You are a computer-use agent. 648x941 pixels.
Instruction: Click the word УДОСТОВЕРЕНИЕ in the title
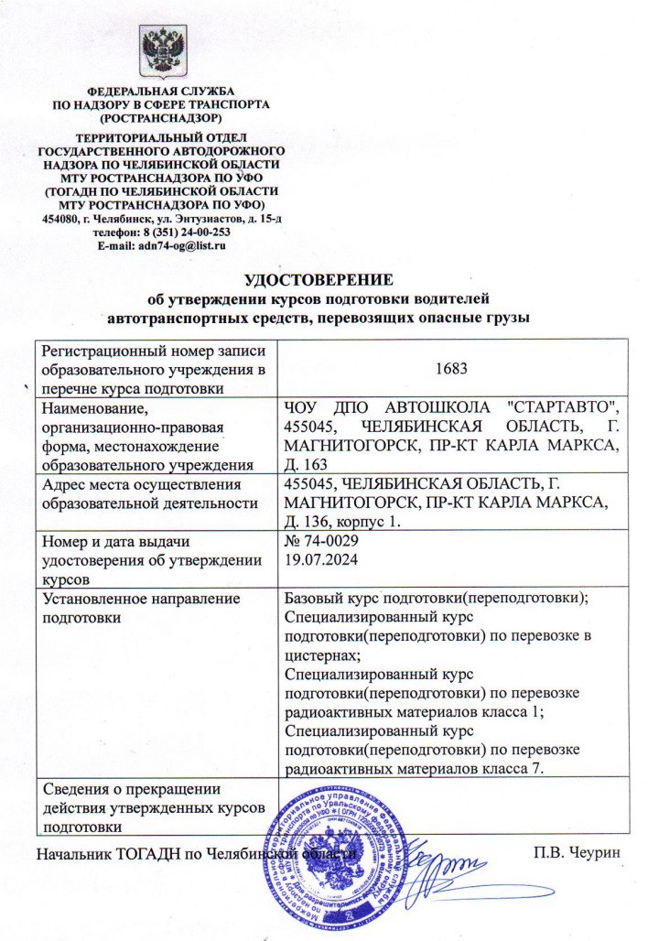pyautogui.click(x=319, y=279)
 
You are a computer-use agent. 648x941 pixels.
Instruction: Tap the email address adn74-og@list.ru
pyautogui.click(x=180, y=246)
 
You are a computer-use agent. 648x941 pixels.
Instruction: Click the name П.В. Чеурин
pyautogui.click(x=578, y=854)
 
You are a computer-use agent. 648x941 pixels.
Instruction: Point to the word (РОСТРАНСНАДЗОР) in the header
pyautogui.click(x=161, y=118)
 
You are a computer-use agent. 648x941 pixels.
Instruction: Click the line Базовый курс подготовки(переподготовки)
pyautogui.click(x=436, y=599)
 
